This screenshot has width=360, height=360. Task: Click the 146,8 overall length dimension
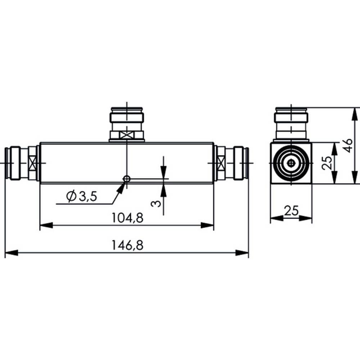(x=127, y=245)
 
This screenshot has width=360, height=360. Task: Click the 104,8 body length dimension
(x=127, y=218)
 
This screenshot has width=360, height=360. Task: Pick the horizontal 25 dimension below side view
(x=291, y=210)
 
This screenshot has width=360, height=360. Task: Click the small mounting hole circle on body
(x=127, y=179)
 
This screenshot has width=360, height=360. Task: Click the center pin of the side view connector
(x=291, y=164)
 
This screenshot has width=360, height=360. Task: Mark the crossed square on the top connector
(x=127, y=135)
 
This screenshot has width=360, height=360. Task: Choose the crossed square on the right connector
(x=222, y=164)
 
